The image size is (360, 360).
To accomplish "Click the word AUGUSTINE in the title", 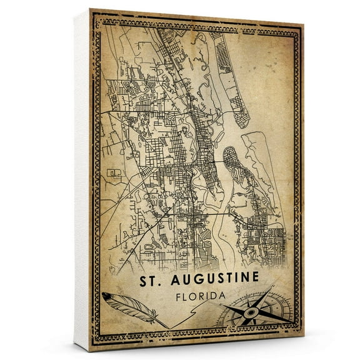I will coord(209,277).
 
